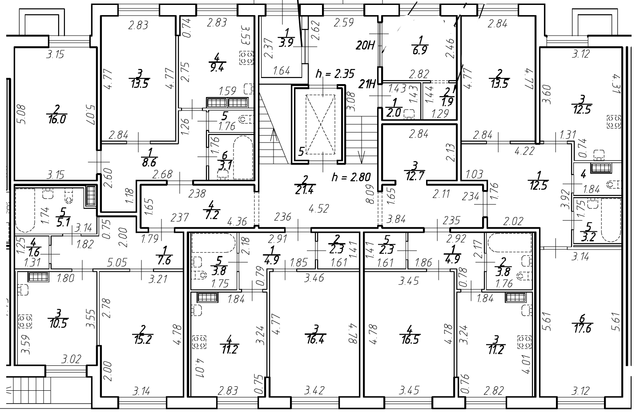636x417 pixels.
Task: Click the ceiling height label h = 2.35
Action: pos(335,74)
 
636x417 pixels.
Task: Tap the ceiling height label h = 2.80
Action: pos(351,177)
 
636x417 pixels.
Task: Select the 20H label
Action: pos(366,45)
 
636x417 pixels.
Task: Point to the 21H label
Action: pos(367,84)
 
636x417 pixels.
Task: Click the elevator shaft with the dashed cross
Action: pos(320,125)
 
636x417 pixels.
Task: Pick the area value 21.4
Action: pos(305,190)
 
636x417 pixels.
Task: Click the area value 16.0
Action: pos(57,119)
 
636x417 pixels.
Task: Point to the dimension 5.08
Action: pos(22,114)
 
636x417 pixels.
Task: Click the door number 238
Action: pos(197,194)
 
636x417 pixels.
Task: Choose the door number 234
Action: pos(471,196)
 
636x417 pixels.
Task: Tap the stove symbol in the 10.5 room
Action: pos(25,321)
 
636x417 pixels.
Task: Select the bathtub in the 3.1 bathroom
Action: pos(243,158)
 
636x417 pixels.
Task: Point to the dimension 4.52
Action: pos(319,209)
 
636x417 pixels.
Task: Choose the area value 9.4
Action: pos(217,68)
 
